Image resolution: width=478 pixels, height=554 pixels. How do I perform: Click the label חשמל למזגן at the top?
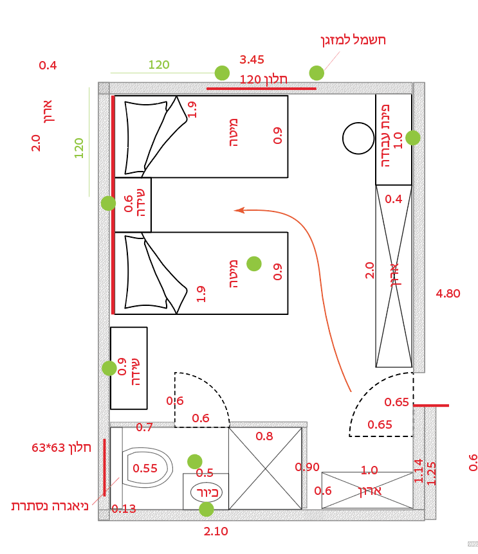point(353,40)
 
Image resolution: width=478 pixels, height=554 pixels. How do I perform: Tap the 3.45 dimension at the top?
point(252,60)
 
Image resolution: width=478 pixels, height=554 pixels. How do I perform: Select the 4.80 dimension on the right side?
point(448,294)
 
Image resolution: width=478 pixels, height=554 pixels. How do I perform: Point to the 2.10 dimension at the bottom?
point(216,532)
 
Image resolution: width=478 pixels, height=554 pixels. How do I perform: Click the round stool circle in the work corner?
point(358,138)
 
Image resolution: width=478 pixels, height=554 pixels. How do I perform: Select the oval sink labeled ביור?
point(206,493)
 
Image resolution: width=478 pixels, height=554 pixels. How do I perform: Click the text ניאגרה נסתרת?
point(50,506)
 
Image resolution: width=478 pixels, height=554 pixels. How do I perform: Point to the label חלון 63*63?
point(61,447)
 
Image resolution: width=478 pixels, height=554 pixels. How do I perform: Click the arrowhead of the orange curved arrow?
point(239,210)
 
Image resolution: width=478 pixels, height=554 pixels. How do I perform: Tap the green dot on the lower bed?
point(254,263)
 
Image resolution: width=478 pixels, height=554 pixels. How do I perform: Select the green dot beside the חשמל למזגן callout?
point(316,73)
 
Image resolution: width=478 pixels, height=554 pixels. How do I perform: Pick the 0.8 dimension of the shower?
point(264,436)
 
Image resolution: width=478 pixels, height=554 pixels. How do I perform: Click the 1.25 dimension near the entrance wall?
point(431,473)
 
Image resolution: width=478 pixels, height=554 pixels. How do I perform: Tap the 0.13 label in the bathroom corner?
point(124,509)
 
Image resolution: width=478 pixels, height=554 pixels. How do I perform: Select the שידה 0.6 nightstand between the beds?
point(133,204)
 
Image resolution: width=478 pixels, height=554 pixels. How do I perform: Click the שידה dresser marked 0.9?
point(129,368)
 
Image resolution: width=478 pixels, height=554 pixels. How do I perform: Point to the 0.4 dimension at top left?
point(48,66)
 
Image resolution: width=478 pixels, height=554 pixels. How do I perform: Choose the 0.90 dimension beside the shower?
point(308,467)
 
